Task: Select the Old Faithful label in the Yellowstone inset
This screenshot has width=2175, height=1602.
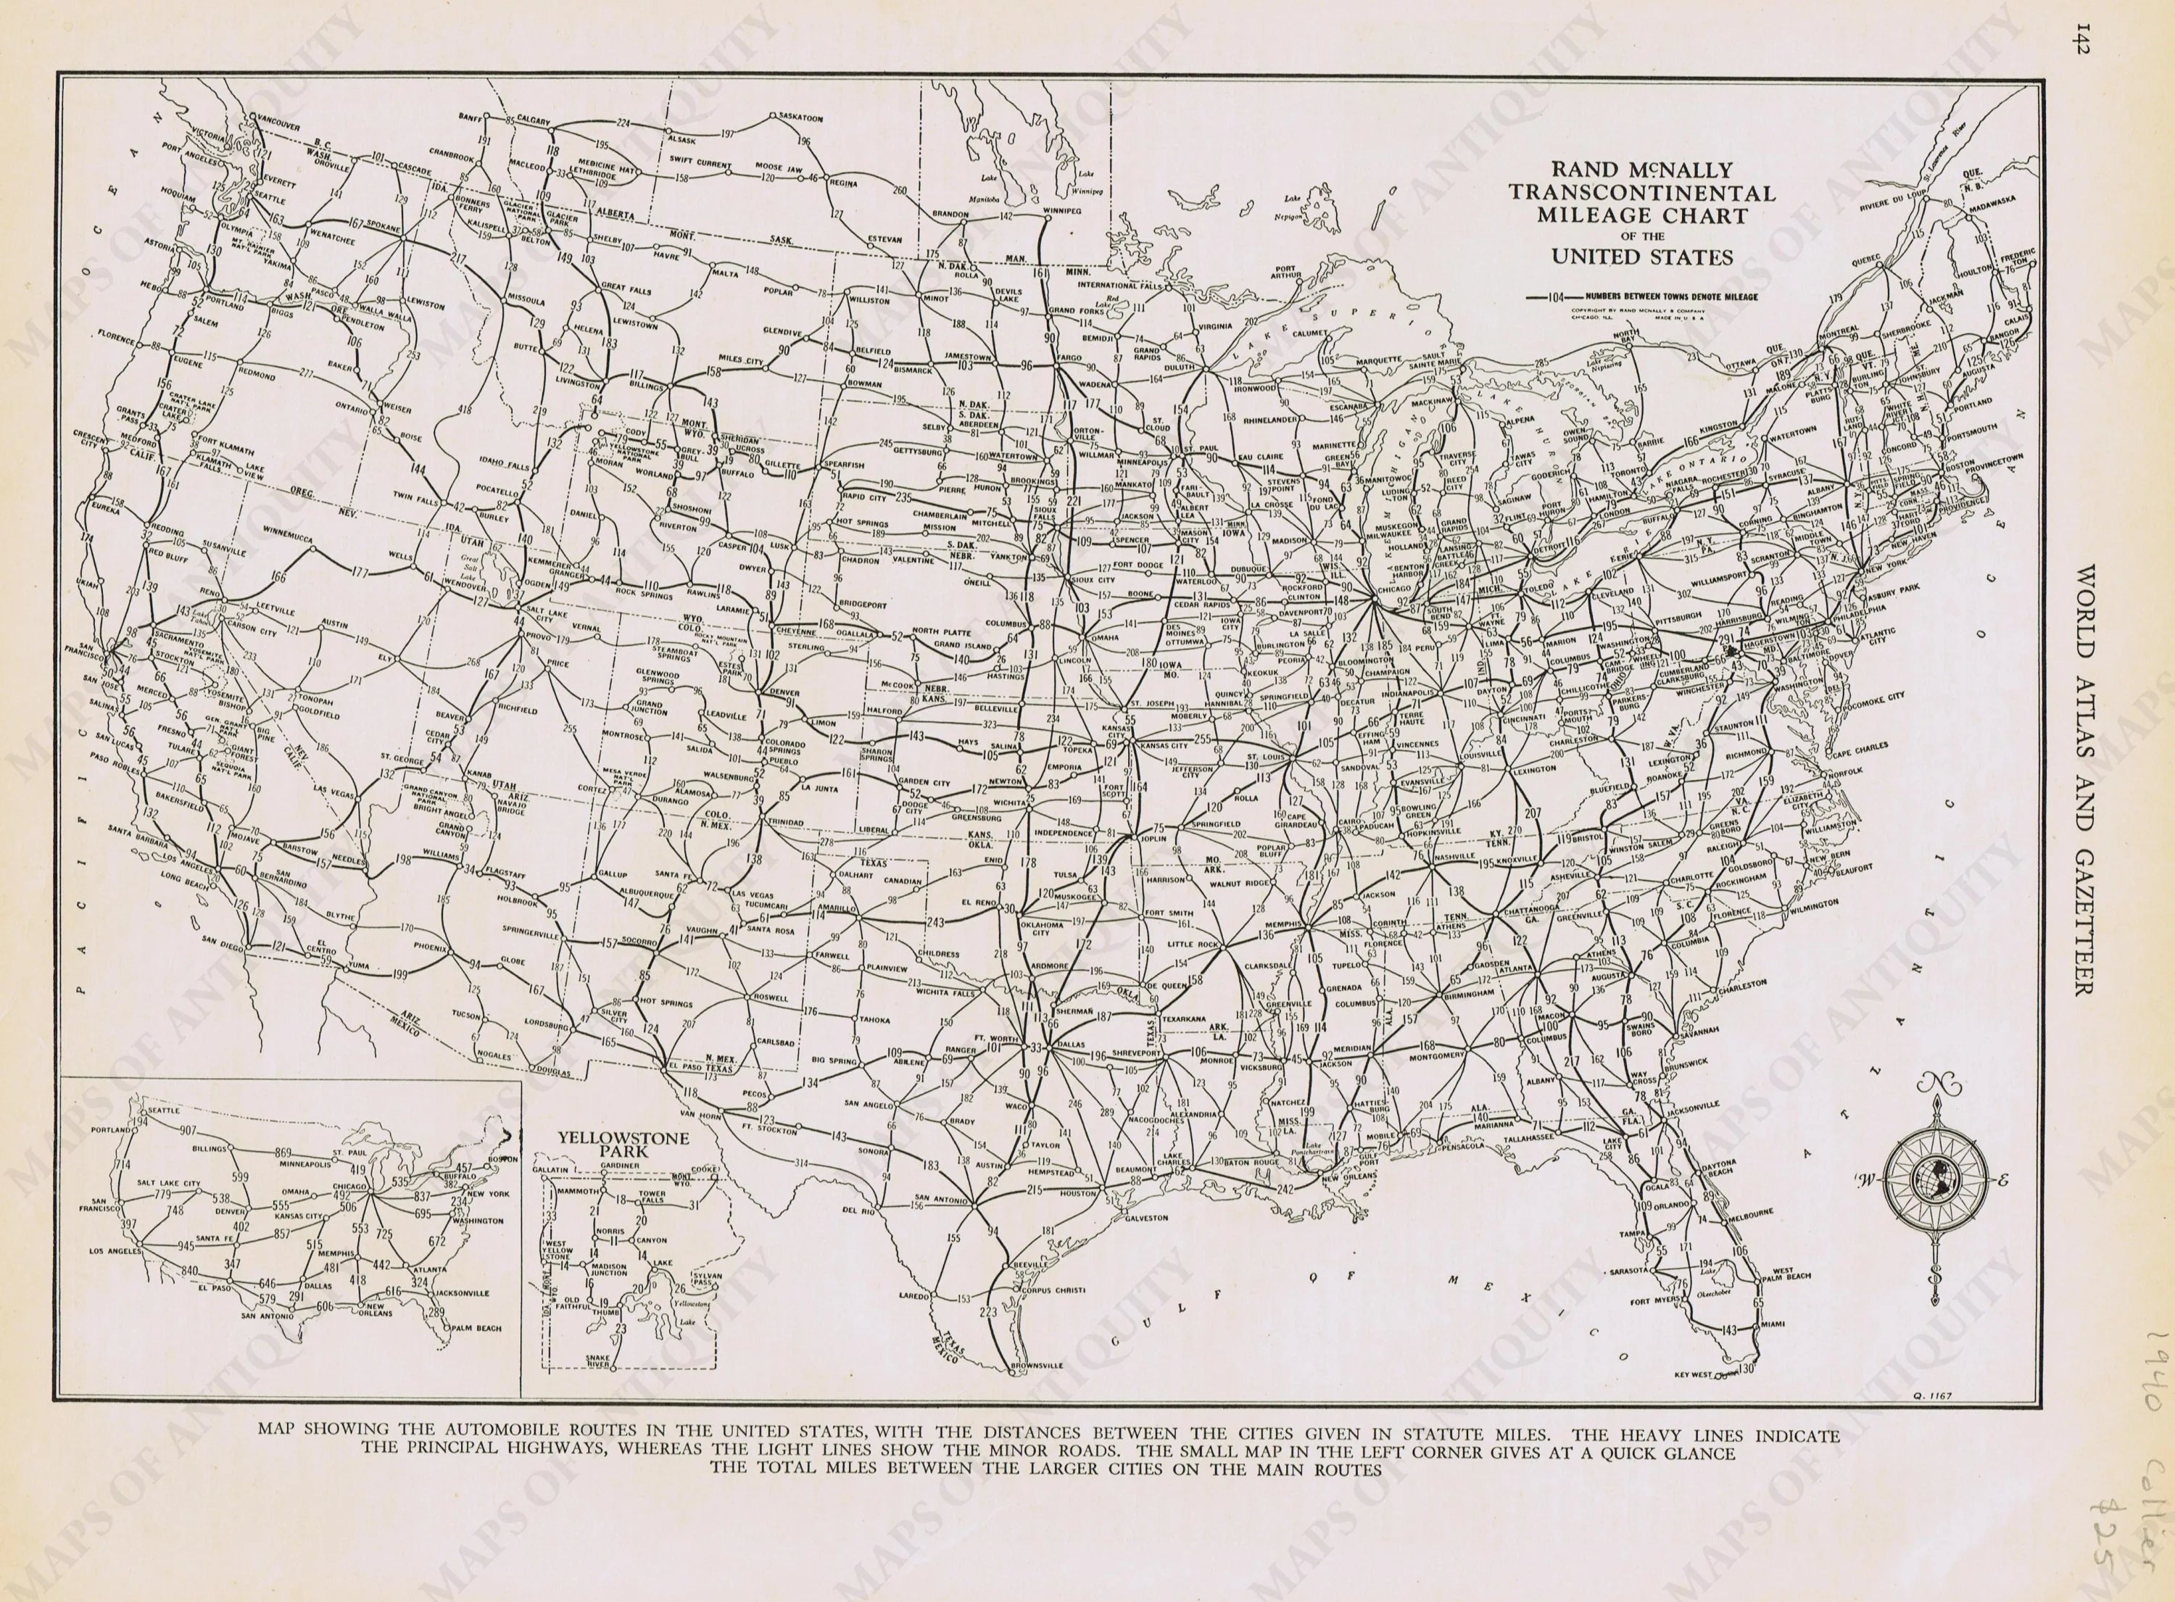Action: click(585, 1303)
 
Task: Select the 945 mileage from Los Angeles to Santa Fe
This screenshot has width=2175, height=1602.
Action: click(185, 1245)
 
